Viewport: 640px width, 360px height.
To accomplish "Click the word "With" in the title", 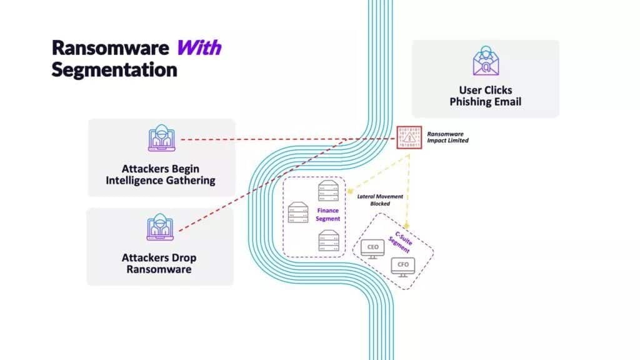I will pyautogui.click(x=199, y=47).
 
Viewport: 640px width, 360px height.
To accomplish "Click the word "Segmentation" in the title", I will pyautogui.click(x=114, y=70).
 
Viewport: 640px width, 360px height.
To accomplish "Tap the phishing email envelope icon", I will pyautogui.click(x=485, y=61).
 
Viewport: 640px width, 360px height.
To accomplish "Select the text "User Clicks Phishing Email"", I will pyautogui.click(x=485, y=96).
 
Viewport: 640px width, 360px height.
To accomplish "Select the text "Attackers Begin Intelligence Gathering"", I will pyautogui.click(x=161, y=174).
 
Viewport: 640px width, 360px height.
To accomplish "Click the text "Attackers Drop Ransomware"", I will pyautogui.click(x=159, y=263).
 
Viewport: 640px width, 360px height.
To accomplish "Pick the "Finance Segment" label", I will pyautogui.click(x=328, y=215).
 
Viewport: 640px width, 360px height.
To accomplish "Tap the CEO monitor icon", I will pyautogui.click(x=372, y=247).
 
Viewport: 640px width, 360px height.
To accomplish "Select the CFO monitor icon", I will pyautogui.click(x=403, y=266).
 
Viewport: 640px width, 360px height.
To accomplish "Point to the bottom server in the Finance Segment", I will pyautogui.click(x=329, y=240).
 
